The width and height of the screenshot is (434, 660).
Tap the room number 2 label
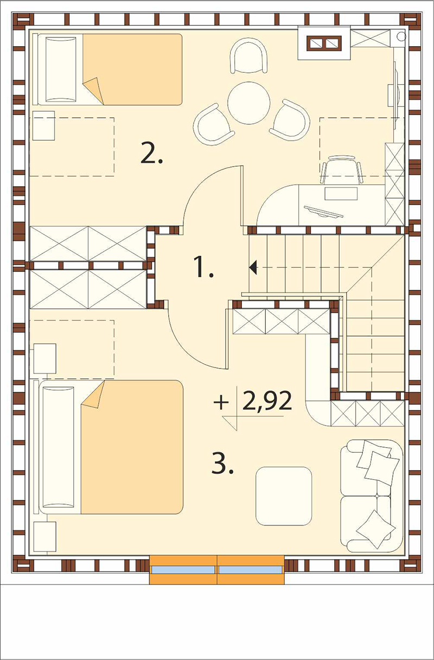[151, 153]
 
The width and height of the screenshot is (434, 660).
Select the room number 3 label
[222, 463]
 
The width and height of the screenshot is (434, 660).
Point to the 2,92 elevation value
[267, 401]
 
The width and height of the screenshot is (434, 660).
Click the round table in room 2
[249, 103]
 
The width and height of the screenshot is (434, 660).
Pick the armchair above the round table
[249, 55]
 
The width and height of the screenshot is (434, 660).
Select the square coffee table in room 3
[284, 496]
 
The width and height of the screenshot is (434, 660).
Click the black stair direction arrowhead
[253, 268]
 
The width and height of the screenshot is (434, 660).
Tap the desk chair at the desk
[342, 170]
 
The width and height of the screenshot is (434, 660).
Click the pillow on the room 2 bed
[61, 69]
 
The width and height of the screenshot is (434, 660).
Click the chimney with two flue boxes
[324, 43]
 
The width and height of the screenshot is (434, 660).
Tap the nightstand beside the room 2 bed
[43, 125]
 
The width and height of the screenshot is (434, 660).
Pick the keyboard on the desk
[323, 212]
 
